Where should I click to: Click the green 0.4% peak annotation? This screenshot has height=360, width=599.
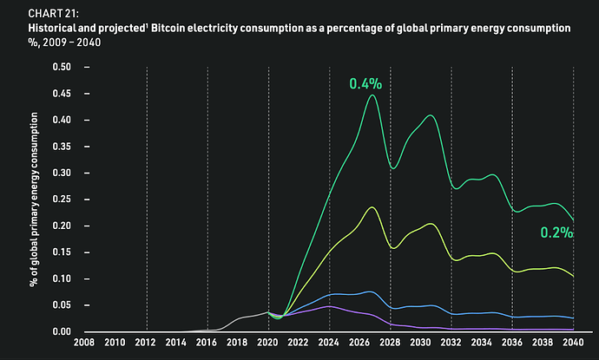click(x=365, y=83)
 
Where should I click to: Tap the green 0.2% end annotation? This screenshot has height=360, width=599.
click(x=556, y=232)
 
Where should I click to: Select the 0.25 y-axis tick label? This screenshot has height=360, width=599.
click(x=62, y=200)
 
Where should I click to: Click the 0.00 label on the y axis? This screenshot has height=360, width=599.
click(x=62, y=331)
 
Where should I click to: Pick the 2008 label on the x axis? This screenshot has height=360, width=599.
click(x=84, y=342)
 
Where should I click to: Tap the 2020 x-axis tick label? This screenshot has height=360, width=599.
click(x=267, y=342)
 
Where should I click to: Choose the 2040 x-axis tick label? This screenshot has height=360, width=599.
click(x=573, y=342)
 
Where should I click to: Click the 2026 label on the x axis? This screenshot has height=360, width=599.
click(x=359, y=342)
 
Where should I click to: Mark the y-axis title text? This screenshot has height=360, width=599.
click(x=34, y=200)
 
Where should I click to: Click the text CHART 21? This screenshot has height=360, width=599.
click(x=54, y=13)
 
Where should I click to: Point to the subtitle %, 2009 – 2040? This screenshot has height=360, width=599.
click(x=64, y=42)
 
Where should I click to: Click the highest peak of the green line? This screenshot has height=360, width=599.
click(x=372, y=95)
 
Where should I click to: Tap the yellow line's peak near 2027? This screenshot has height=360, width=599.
click(x=372, y=207)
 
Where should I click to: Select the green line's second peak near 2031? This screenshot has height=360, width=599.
click(x=431, y=115)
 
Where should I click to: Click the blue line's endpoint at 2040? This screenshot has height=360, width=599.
click(x=573, y=318)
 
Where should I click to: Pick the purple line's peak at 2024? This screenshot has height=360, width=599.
click(x=329, y=306)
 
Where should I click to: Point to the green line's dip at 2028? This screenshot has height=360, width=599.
click(x=393, y=168)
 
